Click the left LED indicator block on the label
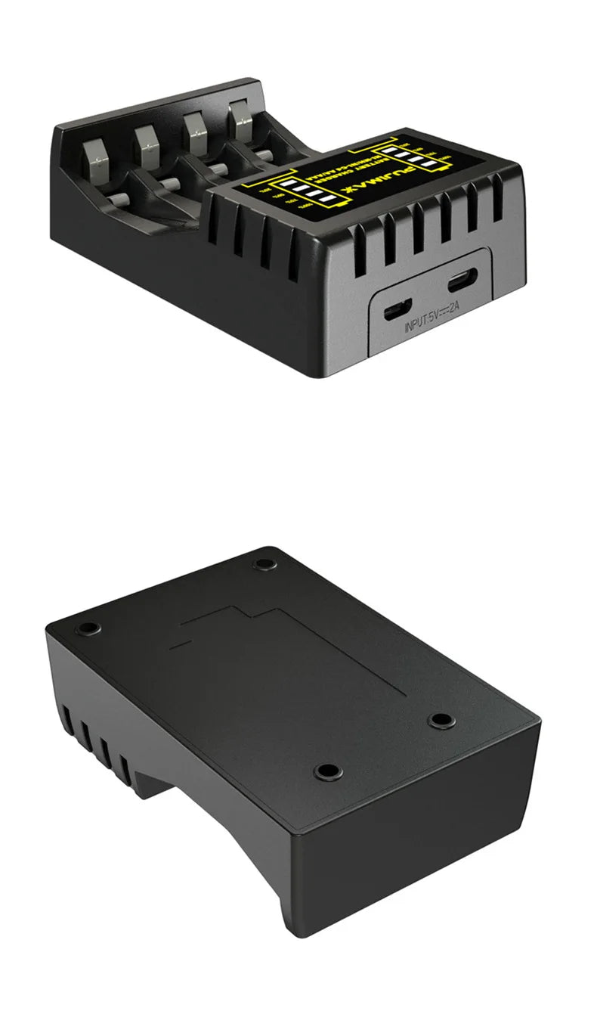coord(295,193)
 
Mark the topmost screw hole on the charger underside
coord(264,563)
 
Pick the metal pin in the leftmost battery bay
coord(117,198)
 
